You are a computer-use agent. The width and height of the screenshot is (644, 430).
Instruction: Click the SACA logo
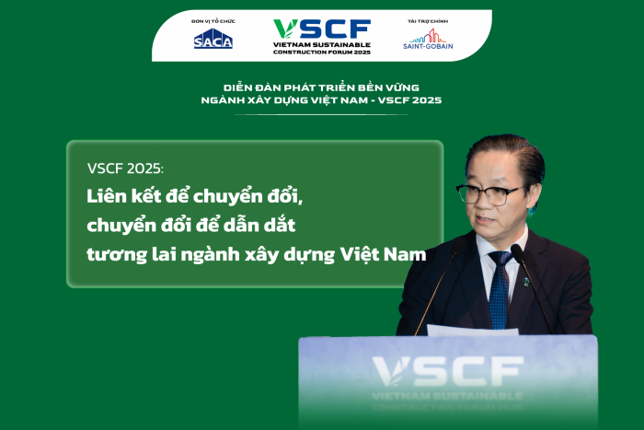pyautogui.click(x=213, y=39)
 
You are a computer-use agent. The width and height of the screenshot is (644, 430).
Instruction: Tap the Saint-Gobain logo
pyautogui.click(x=428, y=39)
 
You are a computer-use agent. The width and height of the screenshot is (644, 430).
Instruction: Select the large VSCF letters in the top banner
pyautogui.click(x=322, y=29)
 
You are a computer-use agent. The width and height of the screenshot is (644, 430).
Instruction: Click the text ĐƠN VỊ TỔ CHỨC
pyautogui.click(x=213, y=20)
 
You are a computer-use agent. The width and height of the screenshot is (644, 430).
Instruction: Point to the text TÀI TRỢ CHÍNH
pyautogui.click(x=428, y=20)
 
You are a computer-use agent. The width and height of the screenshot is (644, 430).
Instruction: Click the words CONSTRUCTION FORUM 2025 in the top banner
pyautogui.click(x=322, y=51)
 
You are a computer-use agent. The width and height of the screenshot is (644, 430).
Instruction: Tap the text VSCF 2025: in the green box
pyautogui.click(x=126, y=169)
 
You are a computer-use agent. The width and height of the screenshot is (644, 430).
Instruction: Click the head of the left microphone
pyautogui.click(x=460, y=248)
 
